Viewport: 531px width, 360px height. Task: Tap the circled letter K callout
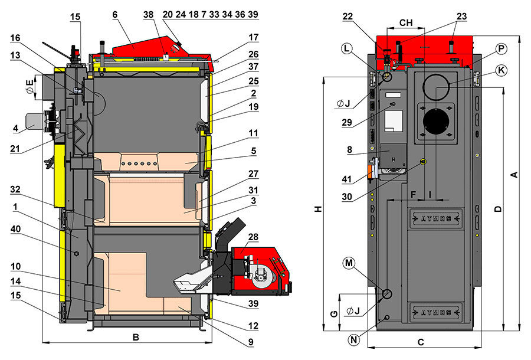(x=501, y=70)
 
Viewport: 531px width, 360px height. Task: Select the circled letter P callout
(x=501, y=48)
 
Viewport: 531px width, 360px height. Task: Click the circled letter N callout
(x=354, y=339)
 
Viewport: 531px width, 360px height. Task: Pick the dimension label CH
(x=406, y=22)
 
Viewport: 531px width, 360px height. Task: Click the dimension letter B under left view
(x=136, y=338)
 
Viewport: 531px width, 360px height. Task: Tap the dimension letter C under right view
(x=421, y=342)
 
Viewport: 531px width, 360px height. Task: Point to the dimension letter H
(x=318, y=209)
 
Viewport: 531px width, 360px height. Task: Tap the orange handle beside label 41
(x=370, y=171)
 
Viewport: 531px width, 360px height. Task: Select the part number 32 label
(x=17, y=190)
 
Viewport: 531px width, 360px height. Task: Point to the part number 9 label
(x=251, y=341)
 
